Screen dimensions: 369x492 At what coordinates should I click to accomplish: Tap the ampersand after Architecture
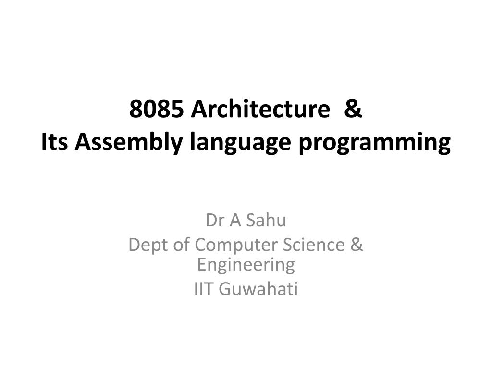(353, 110)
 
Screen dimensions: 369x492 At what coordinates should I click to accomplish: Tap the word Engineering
(246, 265)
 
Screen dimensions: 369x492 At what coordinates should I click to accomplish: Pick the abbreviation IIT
(204, 289)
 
